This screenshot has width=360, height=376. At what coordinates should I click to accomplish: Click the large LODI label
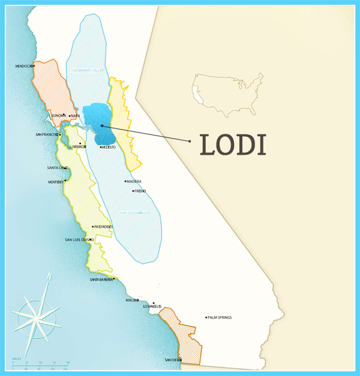(233, 144)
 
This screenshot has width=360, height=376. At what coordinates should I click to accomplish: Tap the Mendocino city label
(23, 66)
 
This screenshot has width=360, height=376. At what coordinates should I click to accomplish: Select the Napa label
(75, 116)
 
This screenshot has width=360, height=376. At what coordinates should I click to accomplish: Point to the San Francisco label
(47, 134)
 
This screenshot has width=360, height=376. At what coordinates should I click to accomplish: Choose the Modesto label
(109, 147)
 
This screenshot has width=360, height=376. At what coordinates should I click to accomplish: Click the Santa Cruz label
(58, 168)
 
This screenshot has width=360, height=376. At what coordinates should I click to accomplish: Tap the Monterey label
(56, 182)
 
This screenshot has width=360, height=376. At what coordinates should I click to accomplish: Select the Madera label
(134, 181)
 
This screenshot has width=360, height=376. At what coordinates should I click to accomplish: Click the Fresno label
(140, 191)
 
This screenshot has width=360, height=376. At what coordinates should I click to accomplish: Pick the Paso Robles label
(103, 227)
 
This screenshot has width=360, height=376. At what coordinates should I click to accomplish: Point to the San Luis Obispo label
(78, 240)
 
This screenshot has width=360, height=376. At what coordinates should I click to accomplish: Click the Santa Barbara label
(101, 279)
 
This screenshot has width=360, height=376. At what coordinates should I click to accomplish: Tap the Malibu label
(131, 300)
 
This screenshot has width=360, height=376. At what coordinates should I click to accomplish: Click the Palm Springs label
(220, 317)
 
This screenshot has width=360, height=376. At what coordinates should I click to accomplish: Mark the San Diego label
(172, 360)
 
